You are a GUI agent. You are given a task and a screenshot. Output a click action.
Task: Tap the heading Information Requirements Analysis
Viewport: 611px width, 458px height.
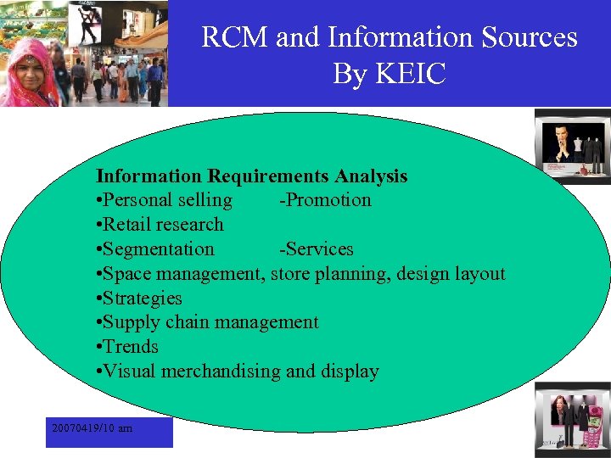[251, 176]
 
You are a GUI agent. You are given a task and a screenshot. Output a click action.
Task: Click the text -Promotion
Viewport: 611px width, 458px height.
[325, 200]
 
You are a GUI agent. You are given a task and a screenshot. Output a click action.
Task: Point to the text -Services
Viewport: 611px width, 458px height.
[316, 249]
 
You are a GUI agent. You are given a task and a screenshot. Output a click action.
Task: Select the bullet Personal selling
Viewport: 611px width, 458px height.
[167, 200]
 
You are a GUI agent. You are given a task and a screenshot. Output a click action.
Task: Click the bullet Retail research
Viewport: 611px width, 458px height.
[163, 225]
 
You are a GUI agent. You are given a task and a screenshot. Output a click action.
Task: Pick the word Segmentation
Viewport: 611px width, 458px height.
[159, 249]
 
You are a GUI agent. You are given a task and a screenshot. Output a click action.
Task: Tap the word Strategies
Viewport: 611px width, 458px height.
[143, 299]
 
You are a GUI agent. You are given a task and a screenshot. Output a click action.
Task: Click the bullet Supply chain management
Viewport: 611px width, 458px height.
[210, 322]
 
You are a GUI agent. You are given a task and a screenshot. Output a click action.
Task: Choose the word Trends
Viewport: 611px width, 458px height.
[131, 347]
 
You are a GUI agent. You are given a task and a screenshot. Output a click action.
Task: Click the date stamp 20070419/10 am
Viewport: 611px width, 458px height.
[92, 428]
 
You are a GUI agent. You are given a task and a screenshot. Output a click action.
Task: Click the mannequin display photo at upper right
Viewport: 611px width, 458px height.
[572, 147]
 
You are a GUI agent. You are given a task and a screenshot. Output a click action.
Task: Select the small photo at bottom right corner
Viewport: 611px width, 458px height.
[572, 422]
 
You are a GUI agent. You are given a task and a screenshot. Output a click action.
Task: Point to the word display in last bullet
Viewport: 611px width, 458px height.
[350, 371]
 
